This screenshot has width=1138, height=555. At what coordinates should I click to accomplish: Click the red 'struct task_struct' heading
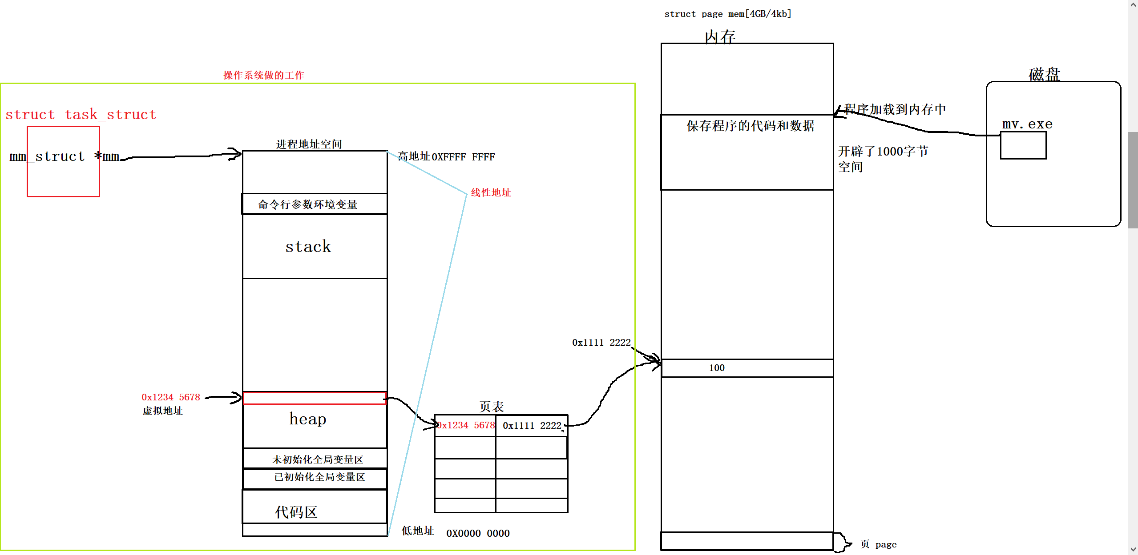point(81,115)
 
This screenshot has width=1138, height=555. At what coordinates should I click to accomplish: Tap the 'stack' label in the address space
point(308,247)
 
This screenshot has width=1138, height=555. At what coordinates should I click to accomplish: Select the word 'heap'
point(308,419)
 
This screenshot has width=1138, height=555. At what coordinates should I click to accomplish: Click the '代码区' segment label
point(296,512)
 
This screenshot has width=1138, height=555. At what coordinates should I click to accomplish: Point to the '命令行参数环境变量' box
point(308,204)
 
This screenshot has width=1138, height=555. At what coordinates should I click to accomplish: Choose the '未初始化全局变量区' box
point(317,459)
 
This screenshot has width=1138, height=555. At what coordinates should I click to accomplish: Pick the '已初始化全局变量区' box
point(319,477)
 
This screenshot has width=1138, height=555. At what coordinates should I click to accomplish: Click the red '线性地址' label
point(491,192)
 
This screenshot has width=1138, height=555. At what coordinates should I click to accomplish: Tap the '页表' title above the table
point(491,406)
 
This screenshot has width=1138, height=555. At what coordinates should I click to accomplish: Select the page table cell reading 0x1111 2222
point(532,426)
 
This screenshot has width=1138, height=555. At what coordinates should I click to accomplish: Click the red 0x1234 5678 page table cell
point(466,425)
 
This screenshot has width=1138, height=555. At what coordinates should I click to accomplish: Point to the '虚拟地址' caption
point(162,411)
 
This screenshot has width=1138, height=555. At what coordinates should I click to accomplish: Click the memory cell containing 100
point(747,368)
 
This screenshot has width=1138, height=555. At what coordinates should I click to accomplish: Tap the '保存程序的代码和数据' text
point(750,126)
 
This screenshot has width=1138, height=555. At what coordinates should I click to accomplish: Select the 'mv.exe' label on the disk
point(1027,124)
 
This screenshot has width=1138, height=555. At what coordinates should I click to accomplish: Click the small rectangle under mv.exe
point(1023,145)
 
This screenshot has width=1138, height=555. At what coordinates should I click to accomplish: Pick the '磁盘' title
point(1044,74)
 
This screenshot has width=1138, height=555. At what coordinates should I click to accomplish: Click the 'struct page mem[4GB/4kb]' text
point(728,14)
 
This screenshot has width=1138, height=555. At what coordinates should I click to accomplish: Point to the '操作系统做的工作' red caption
point(263,75)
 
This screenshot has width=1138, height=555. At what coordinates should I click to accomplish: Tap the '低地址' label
point(417,531)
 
